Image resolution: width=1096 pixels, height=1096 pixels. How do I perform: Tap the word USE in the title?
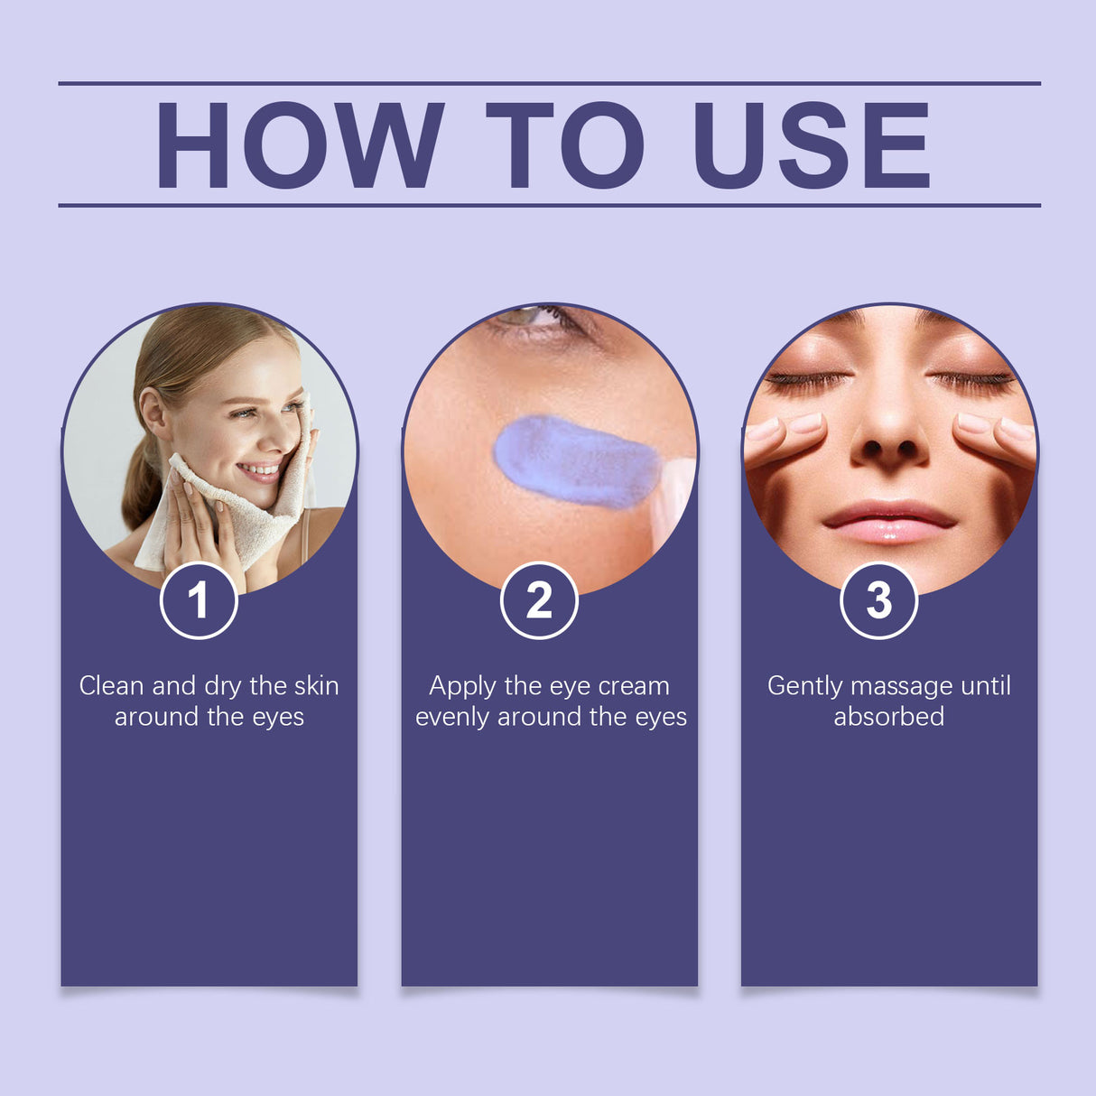811,145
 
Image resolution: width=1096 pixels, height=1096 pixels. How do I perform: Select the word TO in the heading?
565,145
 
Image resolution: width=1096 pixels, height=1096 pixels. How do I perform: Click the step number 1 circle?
199,600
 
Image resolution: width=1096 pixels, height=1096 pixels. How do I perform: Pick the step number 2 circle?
539,600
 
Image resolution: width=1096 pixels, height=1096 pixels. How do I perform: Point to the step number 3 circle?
878,600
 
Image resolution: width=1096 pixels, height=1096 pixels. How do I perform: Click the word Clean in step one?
111,686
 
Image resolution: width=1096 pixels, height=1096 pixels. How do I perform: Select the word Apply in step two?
462,687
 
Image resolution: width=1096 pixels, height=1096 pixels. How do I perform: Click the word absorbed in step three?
888,717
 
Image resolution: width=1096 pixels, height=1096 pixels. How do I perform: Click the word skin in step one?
316,686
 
